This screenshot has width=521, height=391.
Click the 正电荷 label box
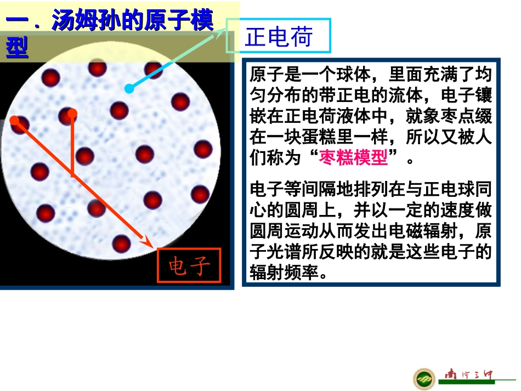point(279,36)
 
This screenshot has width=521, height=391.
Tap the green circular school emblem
point(424,378)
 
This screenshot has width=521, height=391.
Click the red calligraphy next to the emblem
point(469,376)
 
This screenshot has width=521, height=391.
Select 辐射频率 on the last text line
point(284,272)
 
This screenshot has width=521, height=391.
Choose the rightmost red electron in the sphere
point(203,149)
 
